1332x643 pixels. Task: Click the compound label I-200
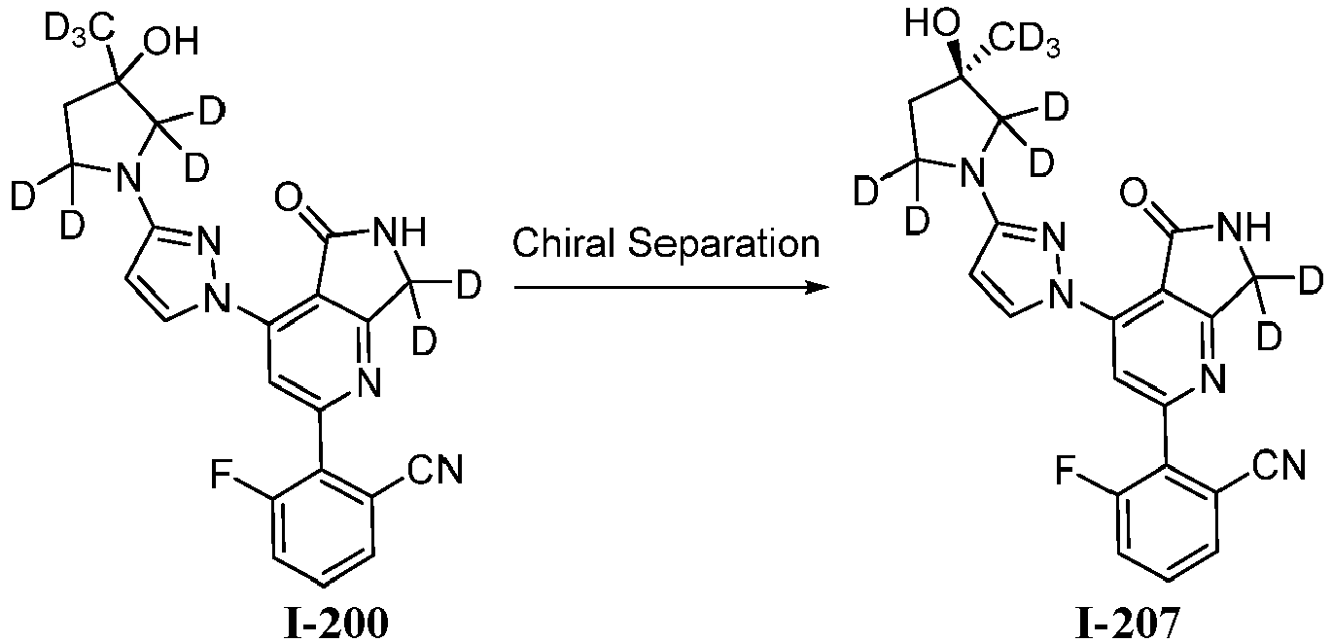tap(336, 623)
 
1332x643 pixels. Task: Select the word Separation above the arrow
tap(724, 244)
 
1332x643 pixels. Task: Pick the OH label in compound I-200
tap(171, 43)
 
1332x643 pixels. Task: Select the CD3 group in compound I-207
tap(1024, 44)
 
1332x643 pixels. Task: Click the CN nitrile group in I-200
tap(435, 470)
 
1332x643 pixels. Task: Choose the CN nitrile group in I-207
tap(1279, 465)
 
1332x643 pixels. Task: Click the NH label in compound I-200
tap(399, 231)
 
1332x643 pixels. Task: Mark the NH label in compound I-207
tap(1244, 227)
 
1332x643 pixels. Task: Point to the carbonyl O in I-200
tap(289, 196)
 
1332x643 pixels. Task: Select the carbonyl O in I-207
tap(1134, 194)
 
